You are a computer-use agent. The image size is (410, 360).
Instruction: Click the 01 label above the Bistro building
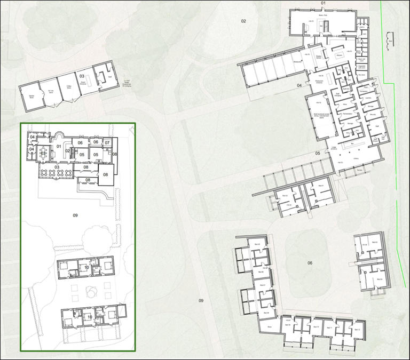coord(322,3)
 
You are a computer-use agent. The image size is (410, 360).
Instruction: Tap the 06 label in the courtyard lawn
coord(309,263)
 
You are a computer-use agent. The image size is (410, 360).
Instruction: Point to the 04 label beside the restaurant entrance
coord(299,85)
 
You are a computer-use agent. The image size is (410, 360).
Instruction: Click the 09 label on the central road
coord(201,301)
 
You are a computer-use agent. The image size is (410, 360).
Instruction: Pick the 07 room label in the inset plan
coord(107,142)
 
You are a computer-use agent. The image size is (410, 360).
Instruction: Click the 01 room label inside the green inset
coord(59,146)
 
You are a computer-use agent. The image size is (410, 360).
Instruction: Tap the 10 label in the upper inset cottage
coord(86,267)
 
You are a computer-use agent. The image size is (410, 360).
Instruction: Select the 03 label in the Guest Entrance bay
coord(82,76)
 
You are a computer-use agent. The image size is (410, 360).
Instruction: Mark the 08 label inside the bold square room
coord(105,174)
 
